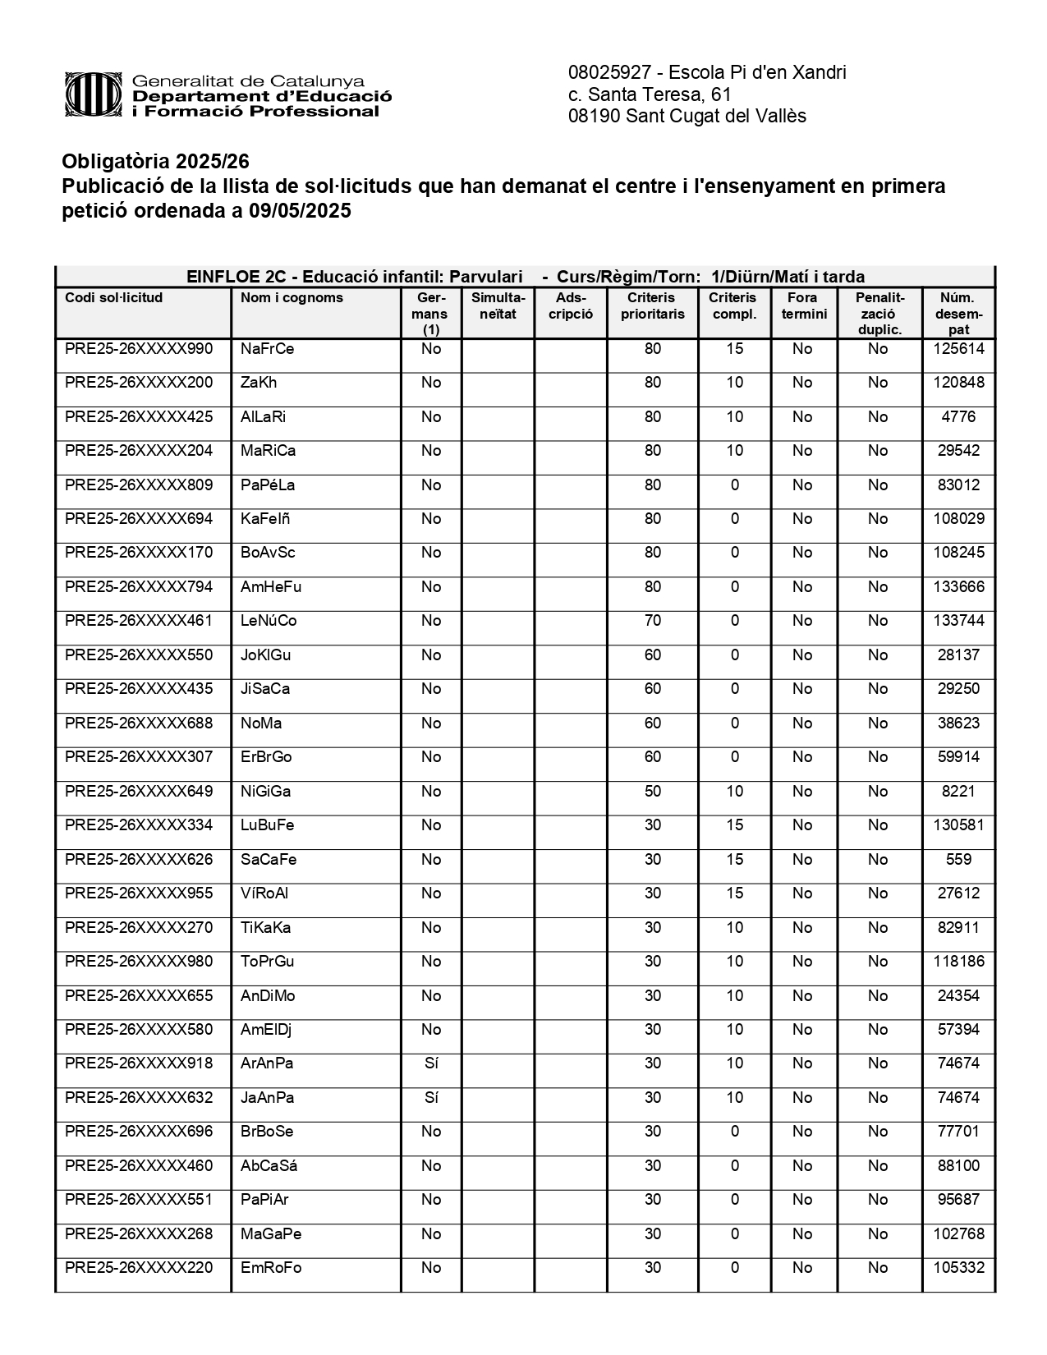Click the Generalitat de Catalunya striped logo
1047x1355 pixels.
tap(96, 95)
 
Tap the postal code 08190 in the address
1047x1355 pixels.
tap(594, 117)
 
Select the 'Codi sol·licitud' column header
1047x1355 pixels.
tap(114, 298)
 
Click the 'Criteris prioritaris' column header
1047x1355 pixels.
tap(652, 306)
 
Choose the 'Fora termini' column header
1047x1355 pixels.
tap(803, 306)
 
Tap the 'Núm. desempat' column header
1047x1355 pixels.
tap(958, 314)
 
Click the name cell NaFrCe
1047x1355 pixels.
tap(267, 349)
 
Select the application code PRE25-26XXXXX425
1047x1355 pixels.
tap(139, 417)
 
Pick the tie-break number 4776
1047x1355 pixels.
tap(958, 417)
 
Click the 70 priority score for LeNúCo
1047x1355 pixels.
tap(652, 621)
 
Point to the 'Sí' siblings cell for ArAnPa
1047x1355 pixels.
tap(431, 1063)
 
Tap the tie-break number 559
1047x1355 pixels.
tap(958, 860)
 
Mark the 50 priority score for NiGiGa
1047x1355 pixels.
tap(652, 792)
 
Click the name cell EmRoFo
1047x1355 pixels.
tap(271, 1268)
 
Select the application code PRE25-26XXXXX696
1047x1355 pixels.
tap(139, 1132)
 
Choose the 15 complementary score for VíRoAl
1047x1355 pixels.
tap(734, 893)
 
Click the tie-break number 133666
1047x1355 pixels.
tap(958, 587)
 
